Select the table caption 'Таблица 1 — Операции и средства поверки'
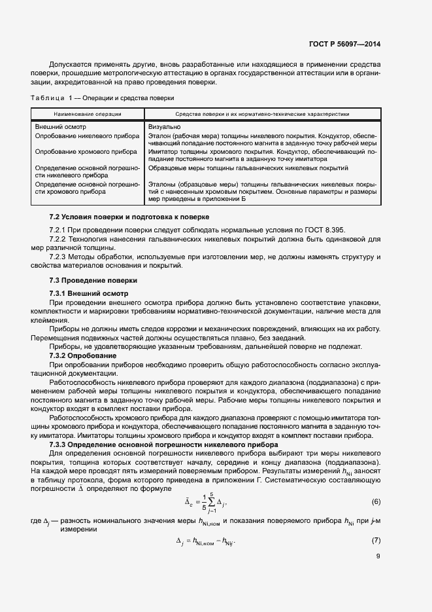coord(102,98)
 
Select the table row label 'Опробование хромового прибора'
coord(86,151)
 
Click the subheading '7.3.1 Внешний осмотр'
coord(90,293)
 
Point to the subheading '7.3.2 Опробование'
coord(83,355)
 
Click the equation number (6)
coord(376,501)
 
